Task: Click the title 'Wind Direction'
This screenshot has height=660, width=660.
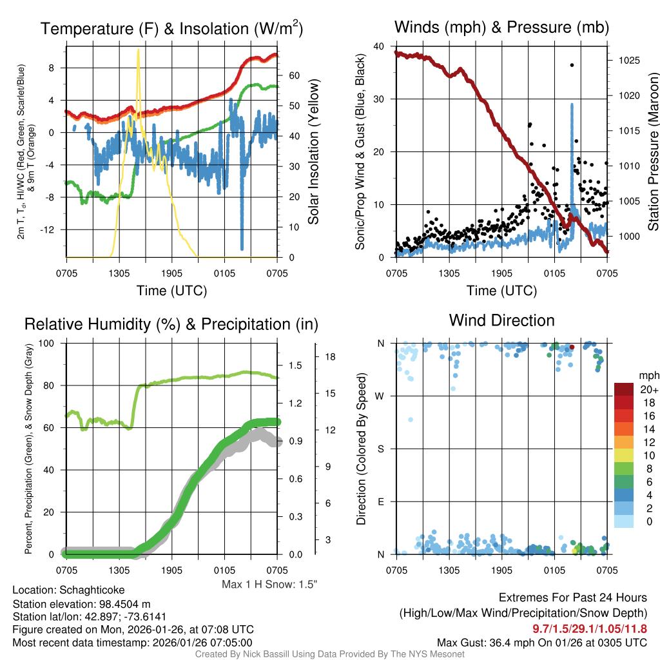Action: point(501,320)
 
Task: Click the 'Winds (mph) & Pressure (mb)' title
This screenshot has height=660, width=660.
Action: point(501,27)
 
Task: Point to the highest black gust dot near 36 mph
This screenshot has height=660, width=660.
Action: point(572,65)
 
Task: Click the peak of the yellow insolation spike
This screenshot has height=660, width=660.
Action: point(138,50)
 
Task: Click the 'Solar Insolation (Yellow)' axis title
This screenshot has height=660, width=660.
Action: point(314,151)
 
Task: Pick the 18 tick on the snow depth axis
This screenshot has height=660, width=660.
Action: point(329,356)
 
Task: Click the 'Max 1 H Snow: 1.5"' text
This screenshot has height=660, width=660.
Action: point(269,584)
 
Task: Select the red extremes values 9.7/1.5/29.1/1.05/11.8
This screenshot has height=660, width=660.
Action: point(589,628)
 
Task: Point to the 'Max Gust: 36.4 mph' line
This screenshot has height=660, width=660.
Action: point(541,642)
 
